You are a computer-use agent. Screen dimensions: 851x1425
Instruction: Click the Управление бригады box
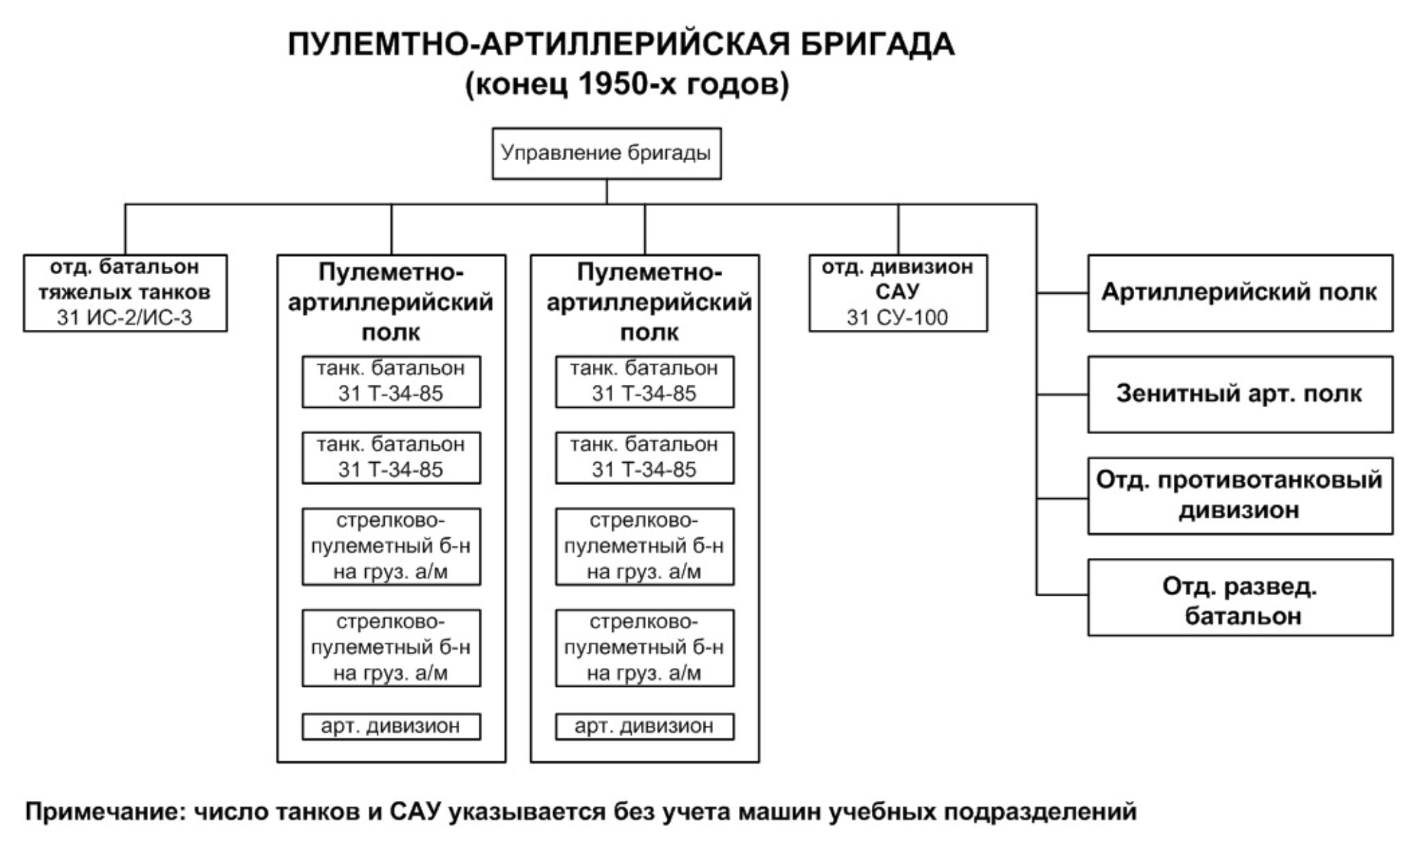[606, 153]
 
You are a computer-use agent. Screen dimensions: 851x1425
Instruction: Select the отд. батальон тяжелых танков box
[125, 292]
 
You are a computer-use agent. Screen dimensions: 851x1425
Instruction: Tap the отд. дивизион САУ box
[898, 292]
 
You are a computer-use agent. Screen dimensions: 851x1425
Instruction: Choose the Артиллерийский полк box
[1240, 292]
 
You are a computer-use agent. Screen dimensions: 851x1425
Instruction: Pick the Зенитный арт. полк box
[1240, 394]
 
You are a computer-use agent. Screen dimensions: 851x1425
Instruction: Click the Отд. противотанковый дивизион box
[1240, 495]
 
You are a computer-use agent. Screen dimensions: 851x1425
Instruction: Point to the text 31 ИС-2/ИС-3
[125, 318]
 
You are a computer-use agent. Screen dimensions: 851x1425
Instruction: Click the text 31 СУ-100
[898, 318]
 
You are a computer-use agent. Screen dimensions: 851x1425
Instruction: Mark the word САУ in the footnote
[415, 811]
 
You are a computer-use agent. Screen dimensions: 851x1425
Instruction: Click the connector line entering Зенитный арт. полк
[1062, 395]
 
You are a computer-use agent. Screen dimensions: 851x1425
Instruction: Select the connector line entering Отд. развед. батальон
[1062, 595]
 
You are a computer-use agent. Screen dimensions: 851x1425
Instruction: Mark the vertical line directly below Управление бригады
[607, 191]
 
